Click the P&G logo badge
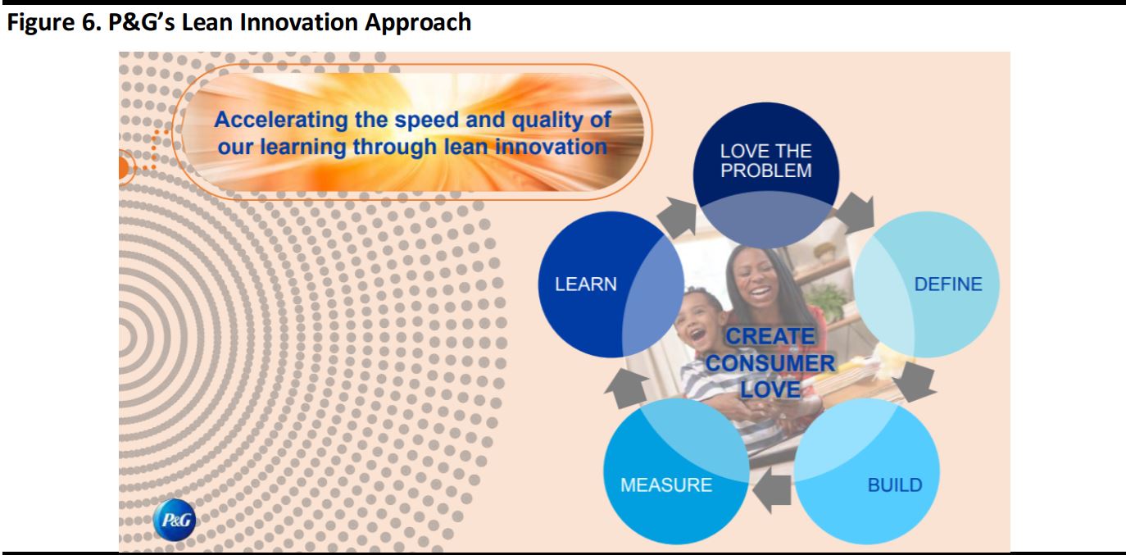tap(174, 519)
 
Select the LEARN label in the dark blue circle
tap(586, 284)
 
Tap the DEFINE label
tap(947, 284)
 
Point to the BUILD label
tap(895, 485)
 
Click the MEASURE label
tap(666, 485)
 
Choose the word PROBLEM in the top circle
tap(765, 171)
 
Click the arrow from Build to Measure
tap(772, 490)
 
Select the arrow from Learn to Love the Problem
tap(678, 217)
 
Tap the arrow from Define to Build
tap(916, 382)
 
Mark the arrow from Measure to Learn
tap(628, 388)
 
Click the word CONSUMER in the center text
tap(770, 363)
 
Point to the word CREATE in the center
tap(770, 336)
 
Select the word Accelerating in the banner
tap(281, 121)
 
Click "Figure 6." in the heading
tap(54, 23)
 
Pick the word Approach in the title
tap(418, 23)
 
